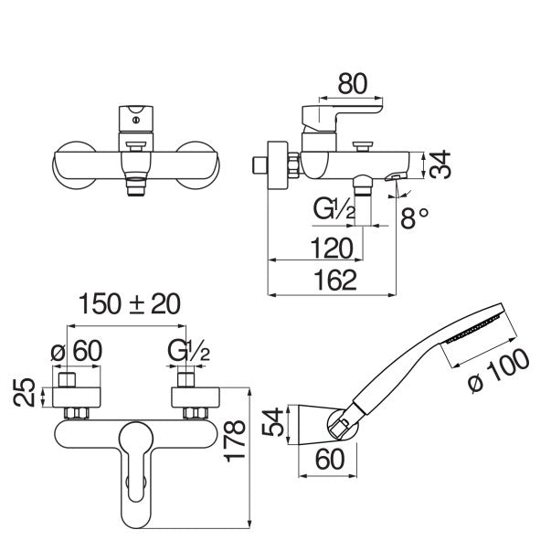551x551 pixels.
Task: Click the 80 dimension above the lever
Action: [353, 84]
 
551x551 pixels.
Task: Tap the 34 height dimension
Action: [440, 164]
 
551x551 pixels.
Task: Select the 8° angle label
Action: [415, 217]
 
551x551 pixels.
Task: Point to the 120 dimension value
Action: [332, 249]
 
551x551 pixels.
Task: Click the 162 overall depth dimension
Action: [334, 280]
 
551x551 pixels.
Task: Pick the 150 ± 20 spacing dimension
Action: [130, 303]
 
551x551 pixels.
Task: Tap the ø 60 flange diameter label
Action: [77, 350]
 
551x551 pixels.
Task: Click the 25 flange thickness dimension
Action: [25, 393]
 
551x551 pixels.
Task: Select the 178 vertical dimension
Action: [235, 440]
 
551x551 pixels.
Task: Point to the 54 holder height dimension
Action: [273, 421]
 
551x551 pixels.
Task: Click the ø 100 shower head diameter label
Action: [499, 371]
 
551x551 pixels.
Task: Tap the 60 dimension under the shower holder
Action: [330, 459]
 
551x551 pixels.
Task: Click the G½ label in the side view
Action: [334, 208]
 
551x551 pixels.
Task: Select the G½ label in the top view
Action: [189, 350]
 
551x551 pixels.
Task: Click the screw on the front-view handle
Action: [136, 121]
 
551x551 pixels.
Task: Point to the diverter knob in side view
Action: [362, 145]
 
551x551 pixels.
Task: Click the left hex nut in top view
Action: [76, 413]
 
